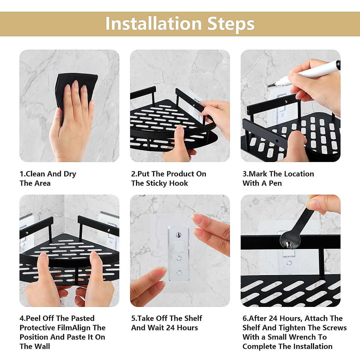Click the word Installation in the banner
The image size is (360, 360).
pos(154,24)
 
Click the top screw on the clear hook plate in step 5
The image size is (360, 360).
pos(179,234)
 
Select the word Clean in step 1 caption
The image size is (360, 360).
pos(35,174)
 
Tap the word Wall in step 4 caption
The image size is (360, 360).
pos(43,346)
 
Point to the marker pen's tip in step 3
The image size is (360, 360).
pos(269,86)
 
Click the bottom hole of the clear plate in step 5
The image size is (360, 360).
pos(179,273)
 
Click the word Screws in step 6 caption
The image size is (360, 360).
pos(334,328)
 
